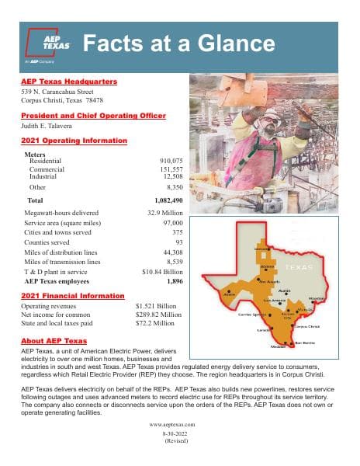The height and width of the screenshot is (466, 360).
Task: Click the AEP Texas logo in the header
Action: pos(49,44)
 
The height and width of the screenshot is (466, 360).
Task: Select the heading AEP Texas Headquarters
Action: pos(69,82)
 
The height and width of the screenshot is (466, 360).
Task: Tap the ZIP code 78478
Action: pos(94,101)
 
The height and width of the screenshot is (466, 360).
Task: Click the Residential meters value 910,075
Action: pos(170,160)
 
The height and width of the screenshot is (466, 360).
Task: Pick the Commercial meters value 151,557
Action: pos(170,169)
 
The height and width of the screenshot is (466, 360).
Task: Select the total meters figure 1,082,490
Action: pos(166,200)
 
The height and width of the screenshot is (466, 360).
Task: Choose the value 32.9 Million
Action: pos(164,211)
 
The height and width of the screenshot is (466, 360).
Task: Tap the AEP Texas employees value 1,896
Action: pos(174,281)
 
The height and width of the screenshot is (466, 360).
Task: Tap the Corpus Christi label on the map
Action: pos(307,326)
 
